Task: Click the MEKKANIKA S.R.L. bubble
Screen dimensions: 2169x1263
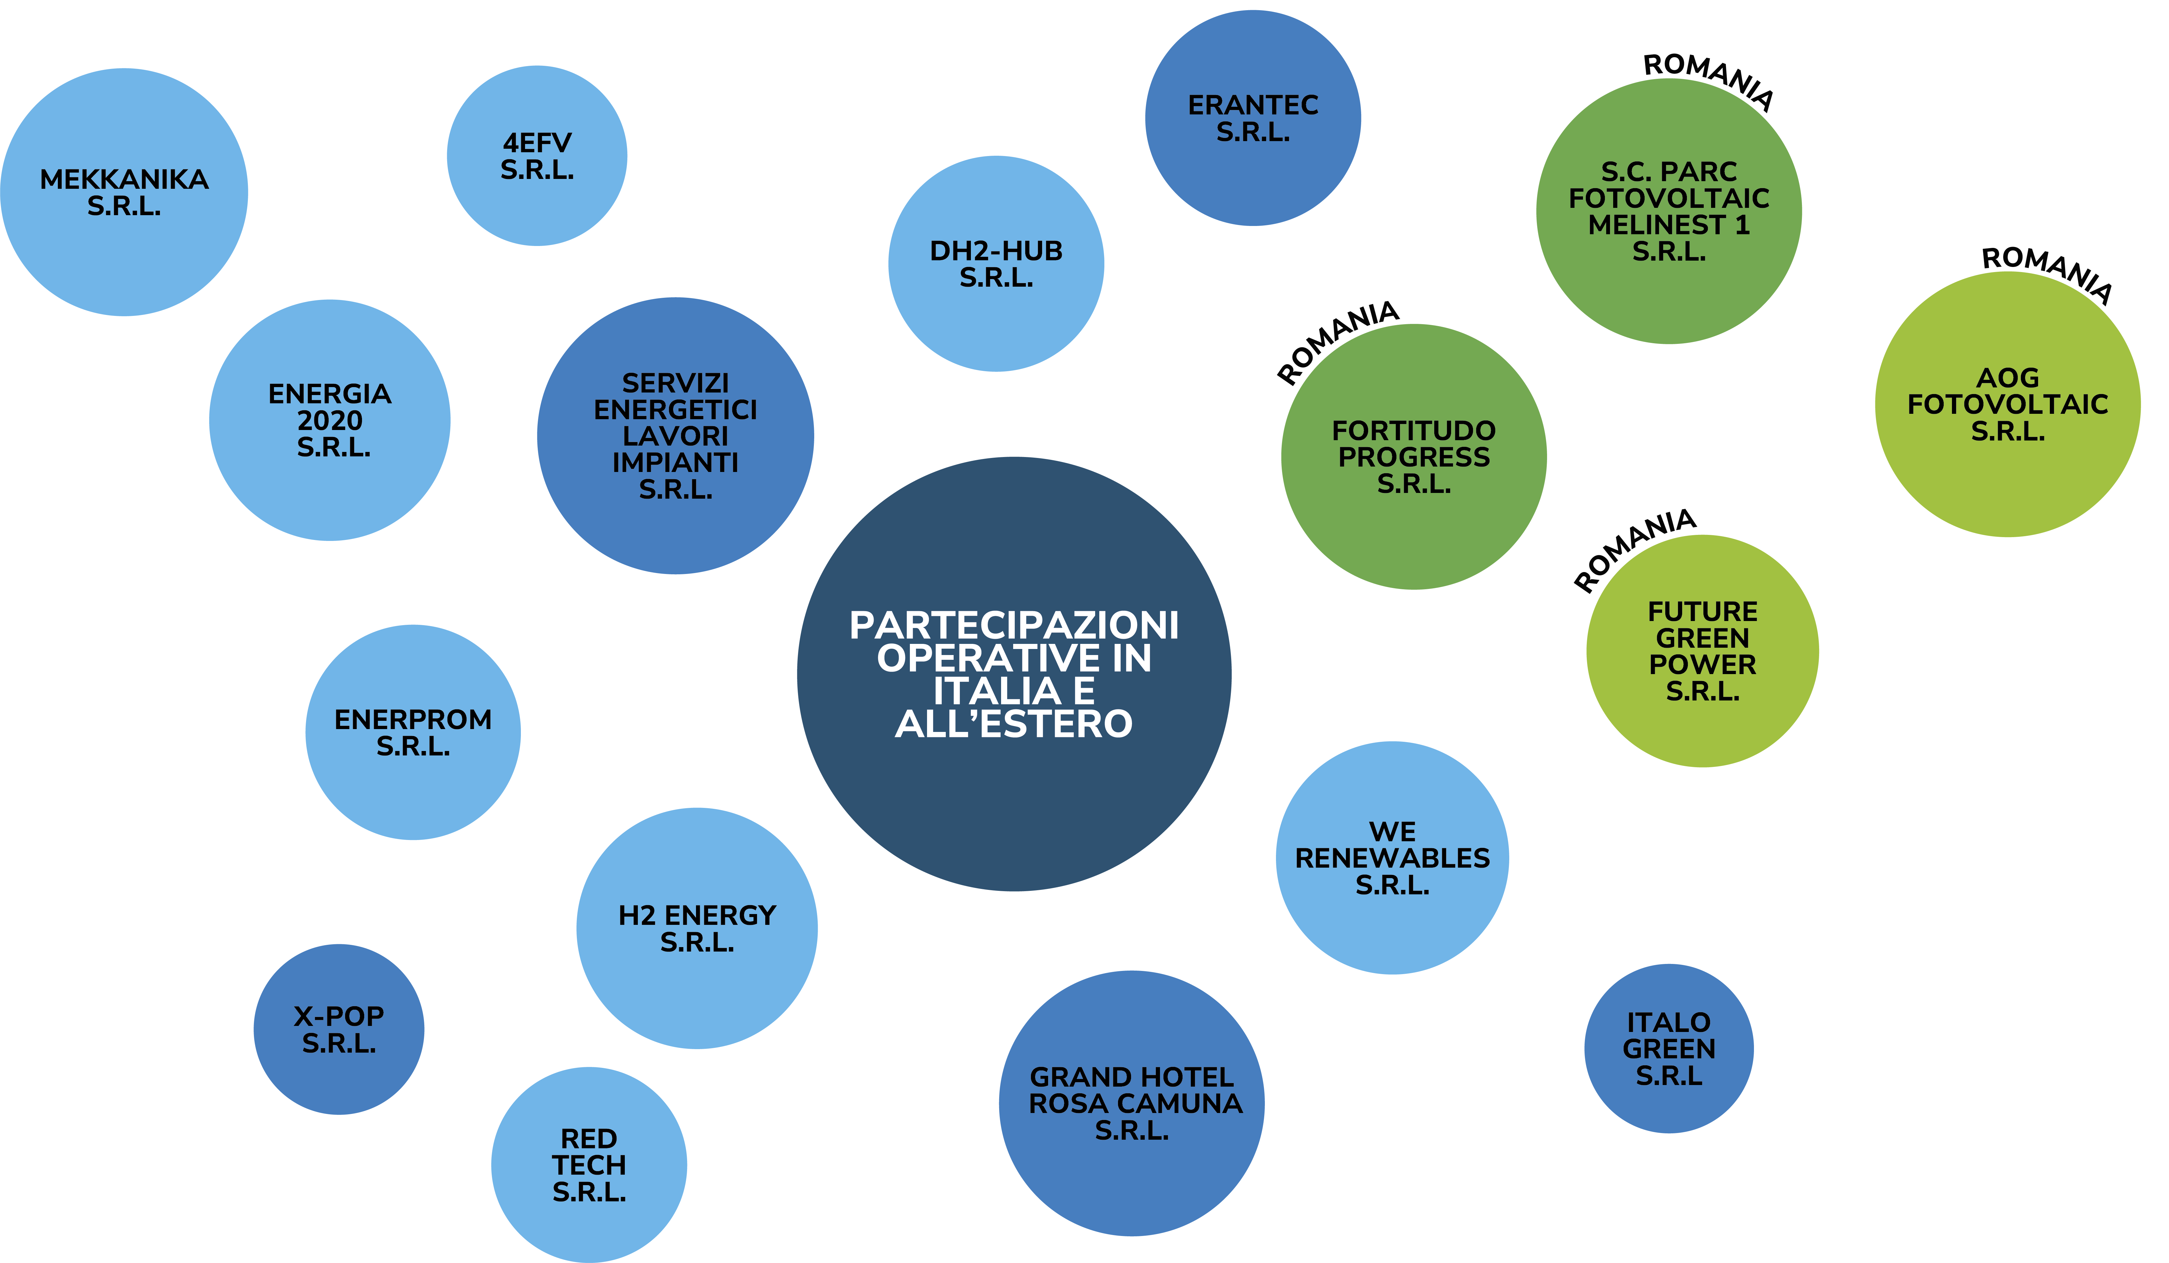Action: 124,192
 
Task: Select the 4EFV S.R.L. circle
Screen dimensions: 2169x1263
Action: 537,156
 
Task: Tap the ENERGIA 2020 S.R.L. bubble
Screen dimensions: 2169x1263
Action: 330,420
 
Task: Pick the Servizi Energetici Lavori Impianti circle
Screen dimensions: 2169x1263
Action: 676,436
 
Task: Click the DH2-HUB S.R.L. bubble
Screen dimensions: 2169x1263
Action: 996,263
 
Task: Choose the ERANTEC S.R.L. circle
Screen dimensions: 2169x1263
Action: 1253,118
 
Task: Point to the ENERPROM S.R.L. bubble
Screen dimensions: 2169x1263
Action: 413,732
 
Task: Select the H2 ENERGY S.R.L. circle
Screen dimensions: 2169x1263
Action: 697,928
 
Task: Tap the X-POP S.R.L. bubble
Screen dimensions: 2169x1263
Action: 339,1030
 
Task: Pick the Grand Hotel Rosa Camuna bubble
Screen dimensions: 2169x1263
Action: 1132,1104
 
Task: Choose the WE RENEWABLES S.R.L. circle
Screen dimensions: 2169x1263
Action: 1393,857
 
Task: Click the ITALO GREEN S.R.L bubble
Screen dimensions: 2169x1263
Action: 1669,1048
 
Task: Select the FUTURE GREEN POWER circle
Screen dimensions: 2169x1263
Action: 1702,651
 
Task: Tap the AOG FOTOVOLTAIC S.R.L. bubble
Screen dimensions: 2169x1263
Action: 2008,404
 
